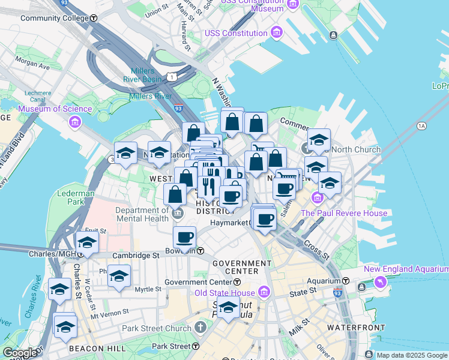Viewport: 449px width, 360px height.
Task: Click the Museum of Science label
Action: pos(55,109)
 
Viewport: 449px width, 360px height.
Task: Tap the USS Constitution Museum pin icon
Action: pos(293,5)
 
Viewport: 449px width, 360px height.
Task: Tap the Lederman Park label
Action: pos(72,198)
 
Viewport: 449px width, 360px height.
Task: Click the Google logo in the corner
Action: pos(19,353)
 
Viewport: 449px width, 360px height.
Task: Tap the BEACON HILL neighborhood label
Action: pos(97,348)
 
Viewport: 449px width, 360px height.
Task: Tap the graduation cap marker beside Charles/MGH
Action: pos(87,243)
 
